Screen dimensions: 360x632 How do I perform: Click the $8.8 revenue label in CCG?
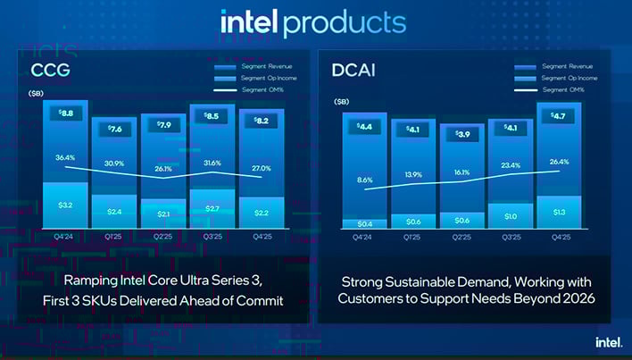[65, 113]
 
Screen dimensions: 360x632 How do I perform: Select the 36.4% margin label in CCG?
[65, 158]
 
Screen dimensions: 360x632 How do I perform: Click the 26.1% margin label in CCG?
[162, 168]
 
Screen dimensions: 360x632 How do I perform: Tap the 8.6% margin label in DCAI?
[365, 180]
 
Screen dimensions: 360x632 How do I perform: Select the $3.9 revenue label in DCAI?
[462, 135]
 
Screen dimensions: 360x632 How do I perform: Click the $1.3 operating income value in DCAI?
[559, 211]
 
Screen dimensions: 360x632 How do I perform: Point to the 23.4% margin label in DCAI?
[510, 164]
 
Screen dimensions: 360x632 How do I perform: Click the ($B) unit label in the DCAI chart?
[343, 102]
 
